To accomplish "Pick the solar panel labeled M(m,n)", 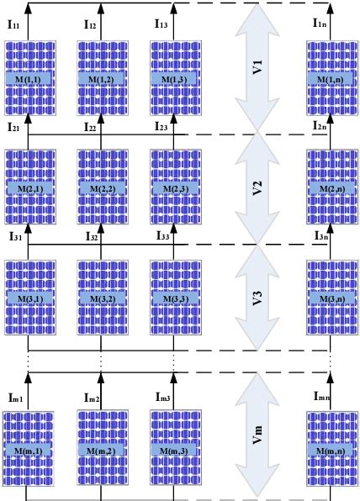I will pyautogui.click(x=331, y=451).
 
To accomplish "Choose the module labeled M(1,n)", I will pyautogui.click(x=331, y=78).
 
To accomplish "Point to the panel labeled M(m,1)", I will pyautogui.click(x=29, y=451).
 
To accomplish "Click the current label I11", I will pyautogui.click(x=15, y=25).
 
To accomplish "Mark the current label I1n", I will pyautogui.click(x=320, y=25).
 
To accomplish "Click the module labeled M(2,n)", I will pyautogui.click(x=331, y=190).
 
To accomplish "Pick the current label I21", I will pyautogui.click(x=15, y=127).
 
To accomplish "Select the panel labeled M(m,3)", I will pyautogui.click(x=174, y=451).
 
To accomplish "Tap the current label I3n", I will pyautogui.click(x=320, y=238).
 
